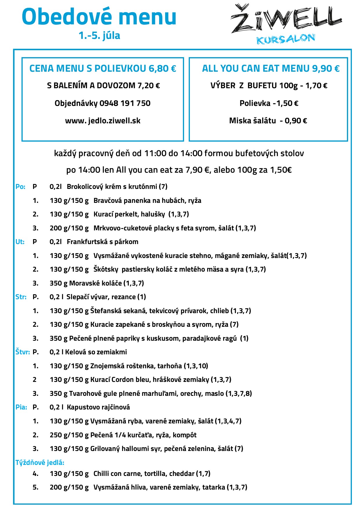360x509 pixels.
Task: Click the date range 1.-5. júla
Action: coord(99,35)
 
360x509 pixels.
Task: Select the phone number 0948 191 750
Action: coord(125,103)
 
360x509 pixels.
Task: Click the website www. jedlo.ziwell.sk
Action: coord(103,121)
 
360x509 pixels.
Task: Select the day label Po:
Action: coord(20,187)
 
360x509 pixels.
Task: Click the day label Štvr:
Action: coord(22,352)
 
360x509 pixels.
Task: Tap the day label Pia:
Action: coord(21,407)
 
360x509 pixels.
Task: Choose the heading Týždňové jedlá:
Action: coord(40,463)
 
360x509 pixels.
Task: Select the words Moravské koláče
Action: coord(96,283)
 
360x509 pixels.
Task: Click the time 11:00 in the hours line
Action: coord(155,153)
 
